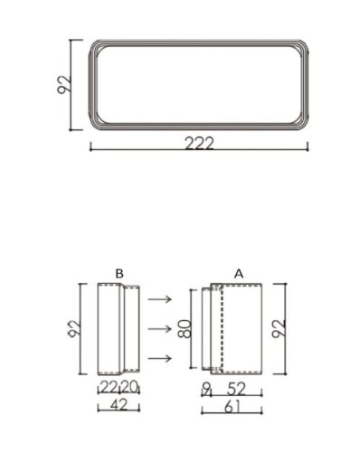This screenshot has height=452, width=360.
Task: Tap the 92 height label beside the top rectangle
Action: tap(63, 84)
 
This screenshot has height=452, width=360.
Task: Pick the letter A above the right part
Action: tap(238, 272)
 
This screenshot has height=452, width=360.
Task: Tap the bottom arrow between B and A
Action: tap(160, 359)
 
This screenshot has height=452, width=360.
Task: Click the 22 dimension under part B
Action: tap(109, 387)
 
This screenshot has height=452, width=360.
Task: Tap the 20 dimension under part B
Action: tap(130, 387)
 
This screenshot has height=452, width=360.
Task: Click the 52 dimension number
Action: tap(238, 387)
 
